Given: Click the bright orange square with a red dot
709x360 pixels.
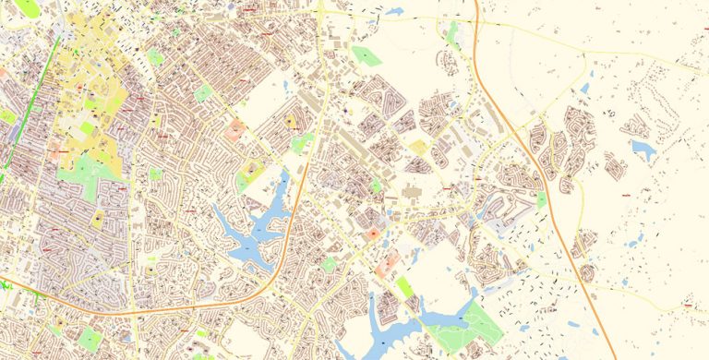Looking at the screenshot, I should [x=373, y=235].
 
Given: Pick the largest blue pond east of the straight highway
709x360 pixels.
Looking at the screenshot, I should [x=641, y=149].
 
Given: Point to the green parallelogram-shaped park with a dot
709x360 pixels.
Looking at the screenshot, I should [x=367, y=56].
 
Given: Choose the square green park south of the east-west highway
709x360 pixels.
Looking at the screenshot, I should [x=90, y=339].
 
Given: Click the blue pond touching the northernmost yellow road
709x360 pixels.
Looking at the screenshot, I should [x=395, y=12].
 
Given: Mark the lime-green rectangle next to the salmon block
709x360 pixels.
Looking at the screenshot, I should [x=405, y=286].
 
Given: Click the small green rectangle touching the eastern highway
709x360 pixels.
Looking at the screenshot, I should [x=541, y=198].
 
